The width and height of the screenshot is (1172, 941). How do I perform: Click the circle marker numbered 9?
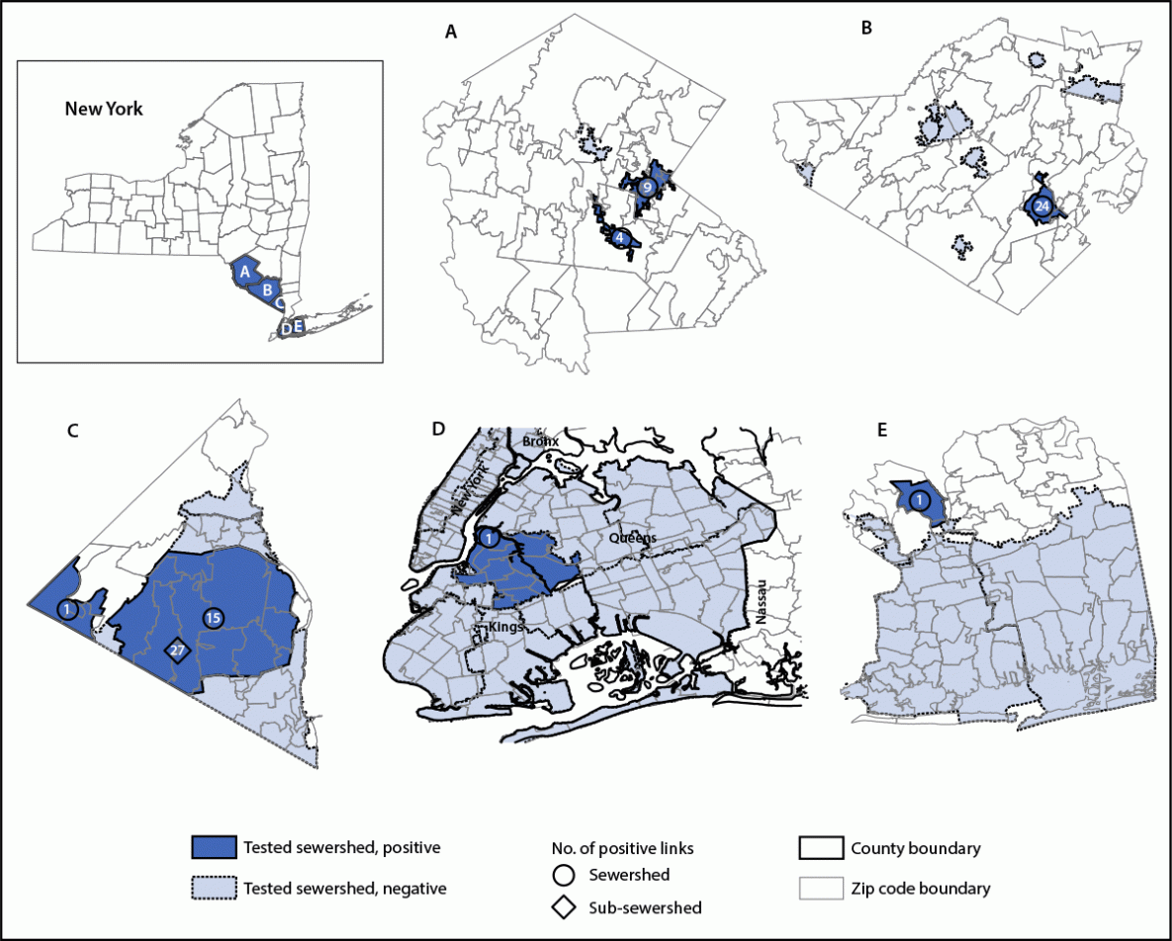646,187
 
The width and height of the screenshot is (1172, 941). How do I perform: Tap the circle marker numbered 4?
619,238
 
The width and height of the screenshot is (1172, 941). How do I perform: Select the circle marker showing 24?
1040,207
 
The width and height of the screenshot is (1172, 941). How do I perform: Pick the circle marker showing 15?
213,617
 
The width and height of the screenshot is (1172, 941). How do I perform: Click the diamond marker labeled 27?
178,650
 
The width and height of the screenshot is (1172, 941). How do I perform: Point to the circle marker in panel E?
920,500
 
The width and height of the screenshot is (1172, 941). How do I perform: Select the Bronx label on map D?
541,441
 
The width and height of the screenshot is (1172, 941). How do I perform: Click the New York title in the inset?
104,109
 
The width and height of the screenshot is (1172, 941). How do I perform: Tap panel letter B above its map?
866,29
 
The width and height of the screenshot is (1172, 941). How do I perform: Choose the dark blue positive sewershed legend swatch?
214,848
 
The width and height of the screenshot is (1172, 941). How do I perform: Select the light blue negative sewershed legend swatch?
214,888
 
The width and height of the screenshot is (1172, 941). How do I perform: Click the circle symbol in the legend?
565,875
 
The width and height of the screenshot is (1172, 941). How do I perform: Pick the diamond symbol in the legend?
565,906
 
